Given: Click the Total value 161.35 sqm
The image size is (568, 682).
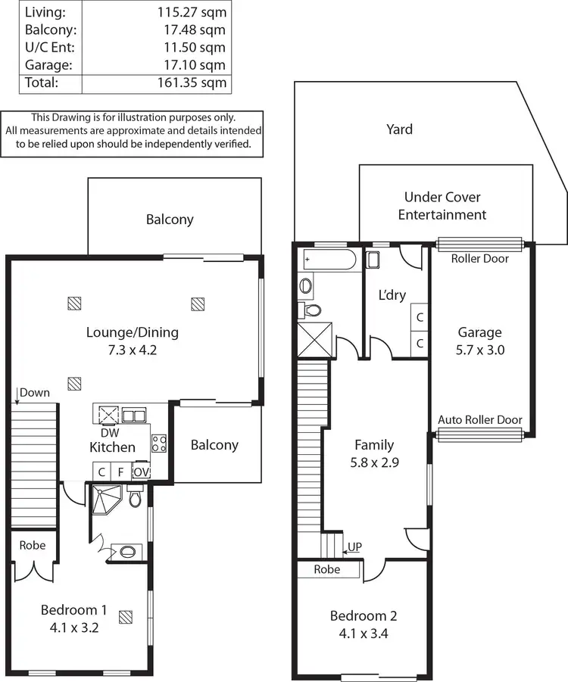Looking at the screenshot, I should [x=192, y=83].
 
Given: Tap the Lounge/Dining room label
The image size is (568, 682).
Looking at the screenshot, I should [x=133, y=332].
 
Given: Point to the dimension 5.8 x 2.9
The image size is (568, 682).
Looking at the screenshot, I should [x=375, y=462].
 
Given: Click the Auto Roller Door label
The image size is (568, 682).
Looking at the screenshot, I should [x=480, y=420].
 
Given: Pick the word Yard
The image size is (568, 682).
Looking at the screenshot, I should [x=399, y=129].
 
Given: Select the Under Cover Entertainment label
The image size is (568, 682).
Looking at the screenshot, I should [x=442, y=206].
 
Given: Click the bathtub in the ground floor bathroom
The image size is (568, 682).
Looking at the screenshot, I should [x=329, y=260].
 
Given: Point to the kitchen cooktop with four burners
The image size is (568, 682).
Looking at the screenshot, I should [x=159, y=444].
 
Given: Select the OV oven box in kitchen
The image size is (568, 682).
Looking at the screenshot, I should [x=141, y=472].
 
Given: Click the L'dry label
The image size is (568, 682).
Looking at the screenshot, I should [x=392, y=295].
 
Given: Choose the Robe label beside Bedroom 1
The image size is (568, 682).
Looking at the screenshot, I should [x=32, y=545].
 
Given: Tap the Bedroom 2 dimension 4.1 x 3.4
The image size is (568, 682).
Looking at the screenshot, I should [x=363, y=634].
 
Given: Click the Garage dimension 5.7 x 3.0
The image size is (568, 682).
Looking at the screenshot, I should [x=480, y=350].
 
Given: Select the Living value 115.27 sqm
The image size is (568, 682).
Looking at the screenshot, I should [x=192, y=13].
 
